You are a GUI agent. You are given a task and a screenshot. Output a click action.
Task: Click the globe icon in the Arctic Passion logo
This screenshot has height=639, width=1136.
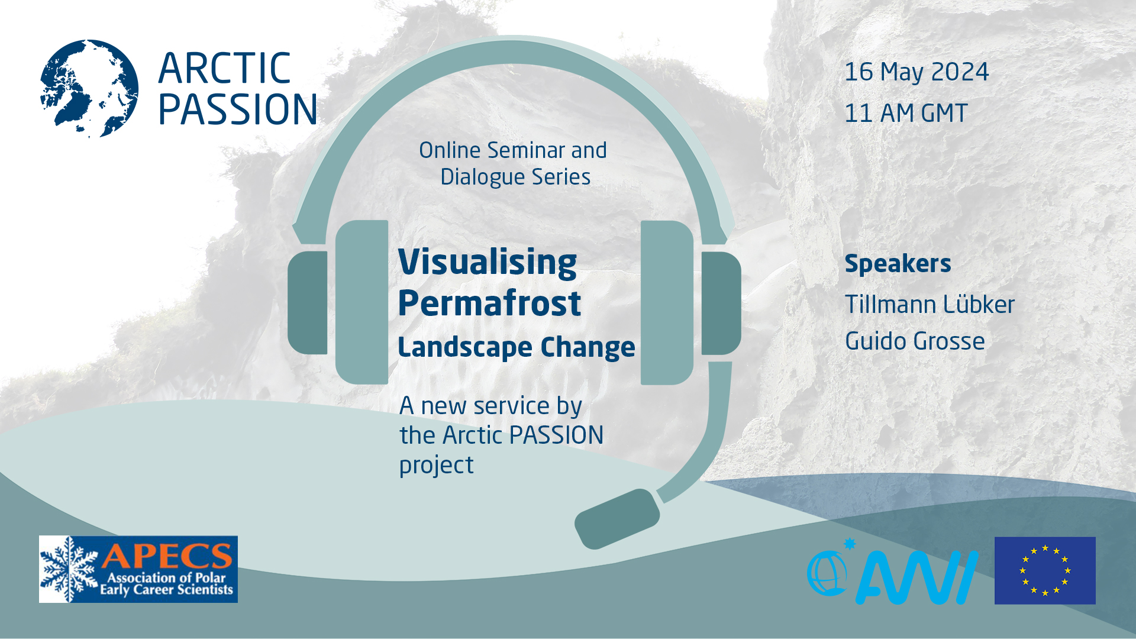[x=89, y=89]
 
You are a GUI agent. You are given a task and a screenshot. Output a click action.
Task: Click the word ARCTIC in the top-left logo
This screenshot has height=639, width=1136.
[x=224, y=68]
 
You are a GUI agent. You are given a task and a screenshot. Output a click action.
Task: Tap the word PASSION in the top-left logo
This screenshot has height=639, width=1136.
[x=237, y=109]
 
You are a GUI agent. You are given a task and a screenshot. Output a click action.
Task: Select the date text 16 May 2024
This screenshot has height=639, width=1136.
[x=916, y=72]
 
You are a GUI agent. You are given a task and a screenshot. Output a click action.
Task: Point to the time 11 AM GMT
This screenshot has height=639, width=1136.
[x=905, y=113]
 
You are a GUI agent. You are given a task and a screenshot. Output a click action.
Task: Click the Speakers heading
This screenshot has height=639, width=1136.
[x=897, y=263]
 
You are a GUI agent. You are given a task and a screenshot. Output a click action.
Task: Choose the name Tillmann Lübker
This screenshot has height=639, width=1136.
[x=929, y=305]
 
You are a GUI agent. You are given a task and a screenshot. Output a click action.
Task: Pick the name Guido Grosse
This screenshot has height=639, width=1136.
[x=914, y=341]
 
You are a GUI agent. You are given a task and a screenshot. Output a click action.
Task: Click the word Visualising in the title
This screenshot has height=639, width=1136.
[x=487, y=262]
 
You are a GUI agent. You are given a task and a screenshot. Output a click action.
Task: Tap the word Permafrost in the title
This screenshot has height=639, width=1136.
[x=489, y=304]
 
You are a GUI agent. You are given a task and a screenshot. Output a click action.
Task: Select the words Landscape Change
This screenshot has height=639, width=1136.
[x=516, y=347]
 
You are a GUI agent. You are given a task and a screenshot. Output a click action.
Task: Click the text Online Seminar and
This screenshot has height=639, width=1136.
[x=512, y=150]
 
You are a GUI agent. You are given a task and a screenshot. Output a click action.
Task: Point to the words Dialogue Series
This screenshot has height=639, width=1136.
[x=515, y=177]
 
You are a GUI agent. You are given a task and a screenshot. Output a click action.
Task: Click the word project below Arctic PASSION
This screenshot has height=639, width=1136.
[x=436, y=465]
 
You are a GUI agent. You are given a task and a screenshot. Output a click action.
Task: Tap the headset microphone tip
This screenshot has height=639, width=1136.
[x=617, y=518]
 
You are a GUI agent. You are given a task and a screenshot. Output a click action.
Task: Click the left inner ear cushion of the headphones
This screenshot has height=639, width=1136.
[x=362, y=302]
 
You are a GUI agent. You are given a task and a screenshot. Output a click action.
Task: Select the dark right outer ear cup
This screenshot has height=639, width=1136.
[x=721, y=303]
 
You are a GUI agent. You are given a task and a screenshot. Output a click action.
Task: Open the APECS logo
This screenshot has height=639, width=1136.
[x=138, y=569]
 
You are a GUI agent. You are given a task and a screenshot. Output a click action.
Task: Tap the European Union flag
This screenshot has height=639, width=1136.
[x=1044, y=570]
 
